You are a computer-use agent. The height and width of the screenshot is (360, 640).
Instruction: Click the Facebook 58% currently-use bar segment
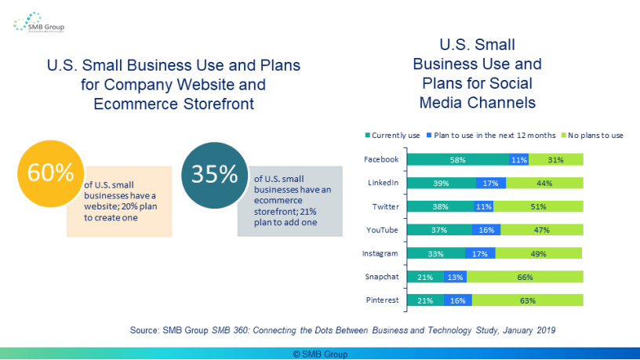pyautogui.click(x=457, y=160)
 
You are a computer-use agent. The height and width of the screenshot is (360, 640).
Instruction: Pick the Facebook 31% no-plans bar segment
pyautogui.click(x=556, y=160)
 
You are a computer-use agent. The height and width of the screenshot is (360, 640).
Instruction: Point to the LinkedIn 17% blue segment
pyautogui.click(x=490, y=184)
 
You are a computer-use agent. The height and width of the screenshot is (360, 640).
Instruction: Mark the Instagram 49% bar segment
pyautogui.click(x=539, y=253)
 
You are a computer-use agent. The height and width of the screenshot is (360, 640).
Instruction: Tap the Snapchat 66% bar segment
pyautogui.click(x=525, y=277)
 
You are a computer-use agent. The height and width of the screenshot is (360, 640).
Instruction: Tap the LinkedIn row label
pyautogui.click(x=384, y=184)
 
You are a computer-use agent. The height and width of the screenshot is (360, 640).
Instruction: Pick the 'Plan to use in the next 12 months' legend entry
pyautogui.click(x=484, y=135)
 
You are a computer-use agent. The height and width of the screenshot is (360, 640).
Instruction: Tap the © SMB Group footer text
pyautogui.click(x=320, y=354)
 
